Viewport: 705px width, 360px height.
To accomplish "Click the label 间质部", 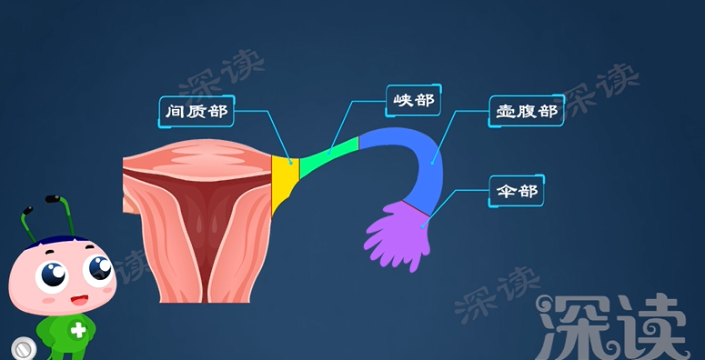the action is pos(195,112).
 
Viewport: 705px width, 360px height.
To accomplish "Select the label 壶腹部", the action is pos(526,111).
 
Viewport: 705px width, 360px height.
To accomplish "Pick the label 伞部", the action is pos(514,191).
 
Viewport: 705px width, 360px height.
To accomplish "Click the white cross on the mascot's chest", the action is pos(78,330).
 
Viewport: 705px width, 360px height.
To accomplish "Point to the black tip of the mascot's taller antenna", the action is pos(54,197).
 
